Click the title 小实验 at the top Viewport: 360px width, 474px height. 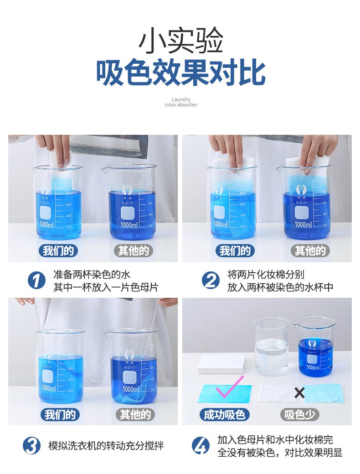click(x=180, y=41)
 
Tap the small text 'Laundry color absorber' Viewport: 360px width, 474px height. click(x=181, y=102)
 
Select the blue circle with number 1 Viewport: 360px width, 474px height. click(x=36, y=280)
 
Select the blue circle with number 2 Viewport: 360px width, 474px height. click(x=210, y=280)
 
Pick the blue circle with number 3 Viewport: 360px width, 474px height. click(x=31, y=445)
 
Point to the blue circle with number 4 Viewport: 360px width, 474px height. click(x=201, y=445)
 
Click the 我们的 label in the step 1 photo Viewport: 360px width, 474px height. click(x=57, y=250)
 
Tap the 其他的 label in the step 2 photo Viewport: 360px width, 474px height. click(x=310, y=250)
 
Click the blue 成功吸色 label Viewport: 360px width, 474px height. click(x=224, y=414)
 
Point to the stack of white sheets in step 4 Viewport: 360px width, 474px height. click(x=221, y=363)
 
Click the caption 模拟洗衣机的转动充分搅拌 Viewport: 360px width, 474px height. click(x=106, y=445)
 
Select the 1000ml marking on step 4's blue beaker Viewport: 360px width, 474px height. click(x=313, y=367)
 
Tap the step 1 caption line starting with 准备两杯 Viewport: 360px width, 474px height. click(x=92, y=275)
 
